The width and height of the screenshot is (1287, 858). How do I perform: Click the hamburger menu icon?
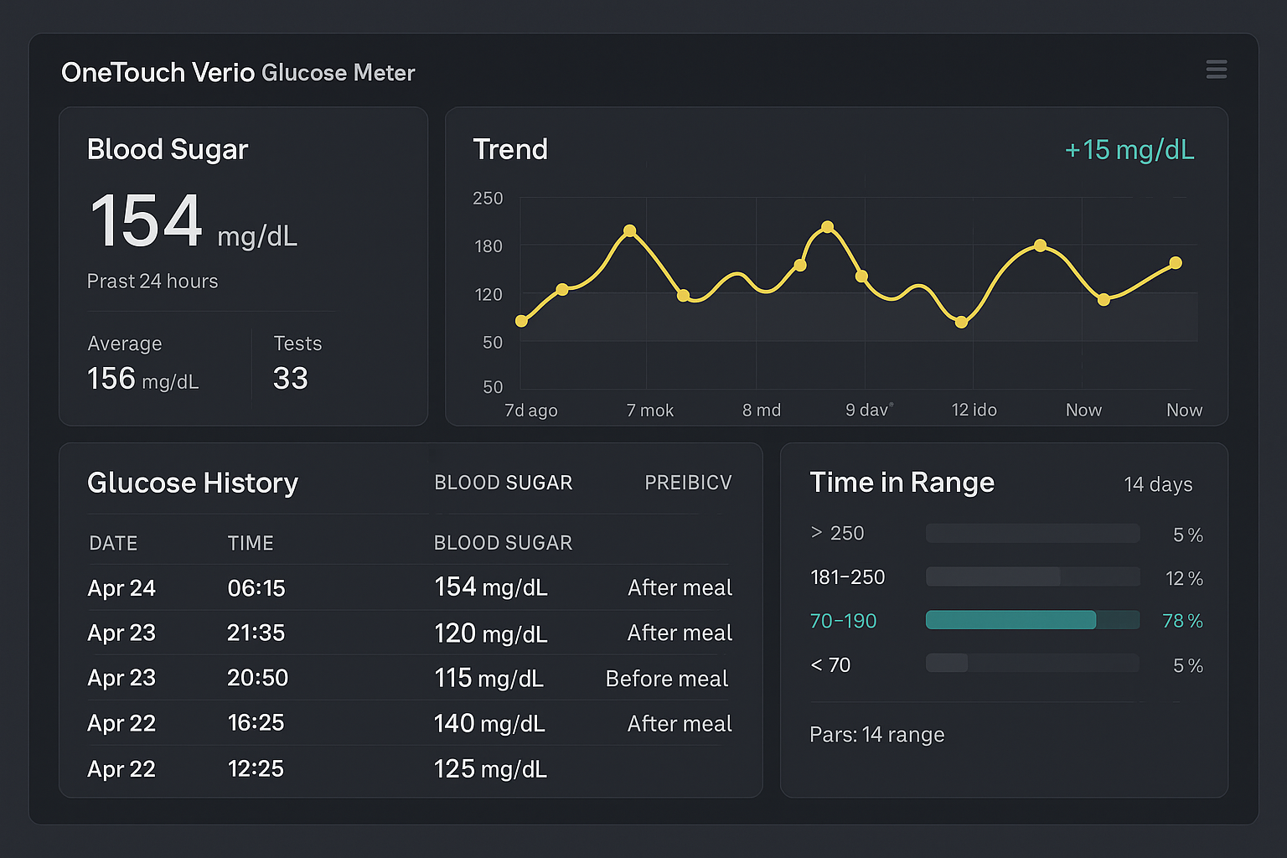point(1217,69)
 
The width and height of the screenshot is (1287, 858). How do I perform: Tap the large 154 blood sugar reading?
point(147,221)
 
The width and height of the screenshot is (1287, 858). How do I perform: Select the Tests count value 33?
point(291,379)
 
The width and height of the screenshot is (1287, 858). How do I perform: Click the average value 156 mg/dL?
point(143,379)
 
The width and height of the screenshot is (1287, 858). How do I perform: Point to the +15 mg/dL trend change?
point(1129,150)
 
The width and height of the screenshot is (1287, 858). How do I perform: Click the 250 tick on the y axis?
point(488,199)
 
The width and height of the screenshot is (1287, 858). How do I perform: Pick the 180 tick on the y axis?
point(488,246)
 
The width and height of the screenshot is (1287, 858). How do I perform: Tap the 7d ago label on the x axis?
point(530,411)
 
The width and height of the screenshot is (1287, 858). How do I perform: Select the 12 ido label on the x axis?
point(974,411)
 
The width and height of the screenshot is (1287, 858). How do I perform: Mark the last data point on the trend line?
point(1176,263)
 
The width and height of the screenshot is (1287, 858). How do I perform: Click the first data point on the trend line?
point(521,321)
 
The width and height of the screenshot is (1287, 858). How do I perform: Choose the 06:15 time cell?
point(256,588)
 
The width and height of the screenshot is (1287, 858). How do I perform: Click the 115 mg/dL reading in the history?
point(488,679)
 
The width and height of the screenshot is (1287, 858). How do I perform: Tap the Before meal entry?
point(667,679)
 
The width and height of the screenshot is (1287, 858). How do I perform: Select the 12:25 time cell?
point(256,768)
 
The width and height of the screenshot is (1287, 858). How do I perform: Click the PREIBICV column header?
point(688,483)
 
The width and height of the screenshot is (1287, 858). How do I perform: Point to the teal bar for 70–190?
point(1010,620)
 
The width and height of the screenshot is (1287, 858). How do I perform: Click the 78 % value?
point(1182,621)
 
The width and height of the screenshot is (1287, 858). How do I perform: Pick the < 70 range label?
point(830,665)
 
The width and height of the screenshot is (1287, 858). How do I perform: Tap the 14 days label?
point(1158,484)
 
